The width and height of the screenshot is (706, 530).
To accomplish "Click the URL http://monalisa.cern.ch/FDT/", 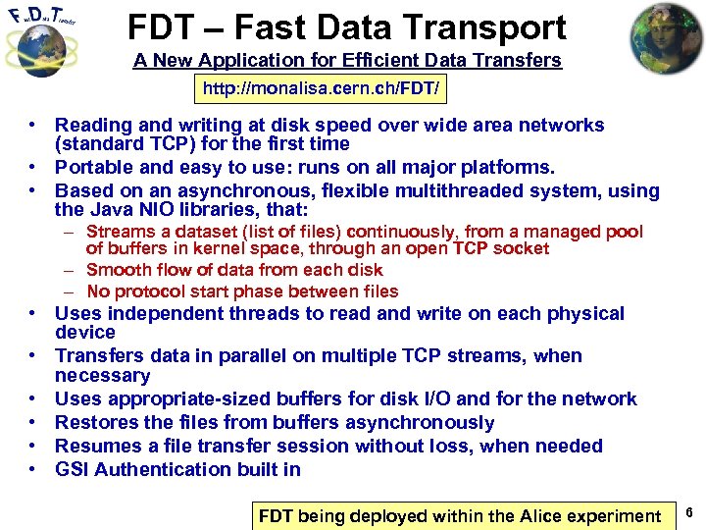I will pos(322,90).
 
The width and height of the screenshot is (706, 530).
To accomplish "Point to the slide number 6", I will pos(690,513).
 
